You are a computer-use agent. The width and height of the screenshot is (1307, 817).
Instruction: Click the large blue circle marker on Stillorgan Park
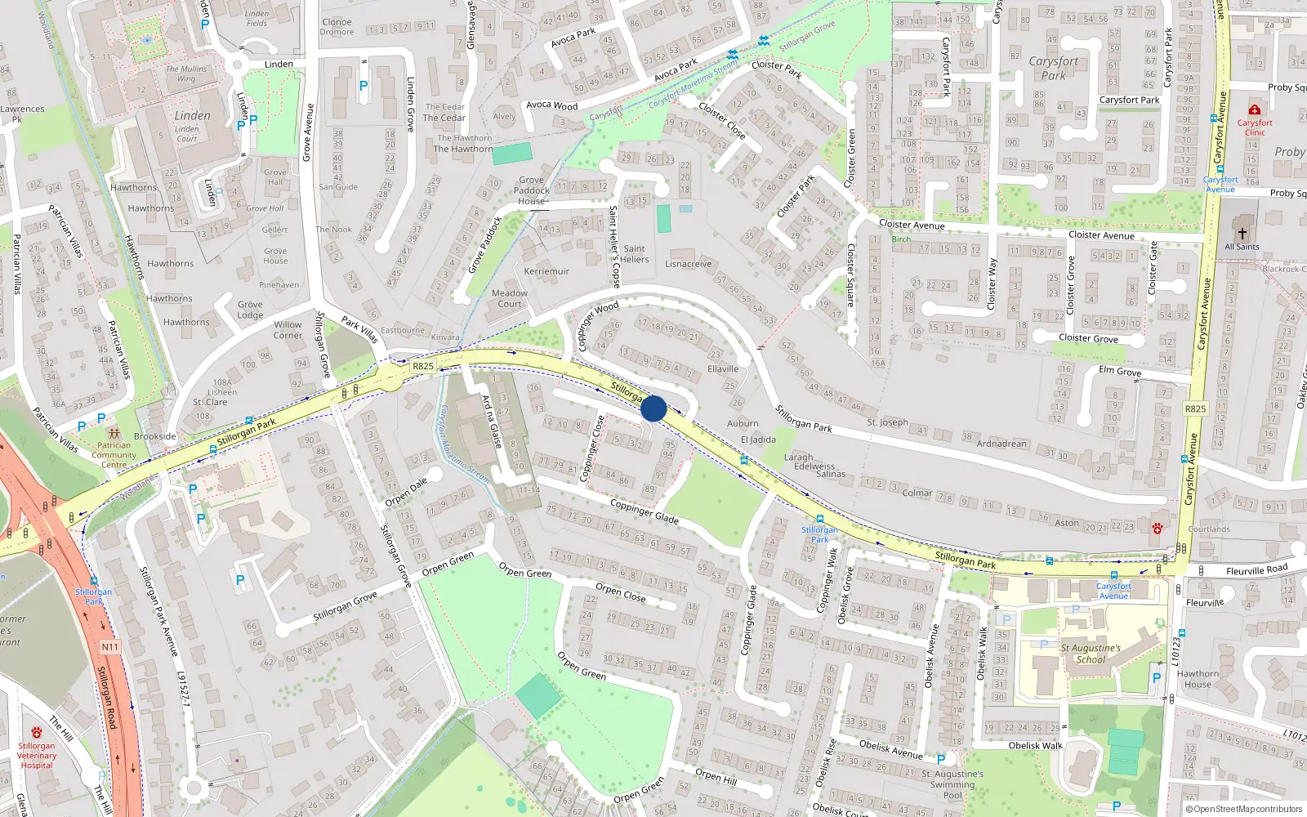tap(653, 408)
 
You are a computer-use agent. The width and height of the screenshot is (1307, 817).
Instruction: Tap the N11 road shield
tap(110, 646)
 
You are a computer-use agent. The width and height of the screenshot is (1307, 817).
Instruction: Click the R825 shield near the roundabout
tap(423, 366)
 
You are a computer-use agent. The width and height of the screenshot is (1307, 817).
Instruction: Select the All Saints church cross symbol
tap(1242, 234)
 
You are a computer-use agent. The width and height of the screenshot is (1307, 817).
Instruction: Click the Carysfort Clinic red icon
tap(1255, 109)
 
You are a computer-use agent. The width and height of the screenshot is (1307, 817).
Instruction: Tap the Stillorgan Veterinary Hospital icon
tap(36, 733)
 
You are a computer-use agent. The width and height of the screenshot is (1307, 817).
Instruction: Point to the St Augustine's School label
tap(1091, 654)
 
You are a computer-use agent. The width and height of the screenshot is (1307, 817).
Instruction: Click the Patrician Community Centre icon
tap(114, 434)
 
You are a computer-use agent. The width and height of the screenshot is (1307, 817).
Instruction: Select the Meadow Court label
tap(510, 298)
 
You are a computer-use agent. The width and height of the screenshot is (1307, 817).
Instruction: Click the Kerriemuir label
tap(546, 271)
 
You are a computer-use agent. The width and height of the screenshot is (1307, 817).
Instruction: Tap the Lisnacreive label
tap(688, 264)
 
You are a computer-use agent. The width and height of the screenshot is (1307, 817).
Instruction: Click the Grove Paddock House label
tap(531, 190)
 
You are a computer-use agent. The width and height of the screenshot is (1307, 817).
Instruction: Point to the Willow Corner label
tap(288, 329)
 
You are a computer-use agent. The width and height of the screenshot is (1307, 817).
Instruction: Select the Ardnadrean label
tap(1001, 444)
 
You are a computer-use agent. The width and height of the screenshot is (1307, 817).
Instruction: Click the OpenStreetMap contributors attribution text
tap(1243, 809)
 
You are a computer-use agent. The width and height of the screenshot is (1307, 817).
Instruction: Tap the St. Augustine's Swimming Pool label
tap(952, 784)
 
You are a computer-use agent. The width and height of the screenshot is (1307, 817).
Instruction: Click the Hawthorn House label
tap(1198, 679)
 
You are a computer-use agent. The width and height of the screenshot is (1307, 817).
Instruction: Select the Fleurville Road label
tap(1256, 569)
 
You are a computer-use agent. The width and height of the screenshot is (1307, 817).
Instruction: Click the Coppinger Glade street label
tap(644, 511)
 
